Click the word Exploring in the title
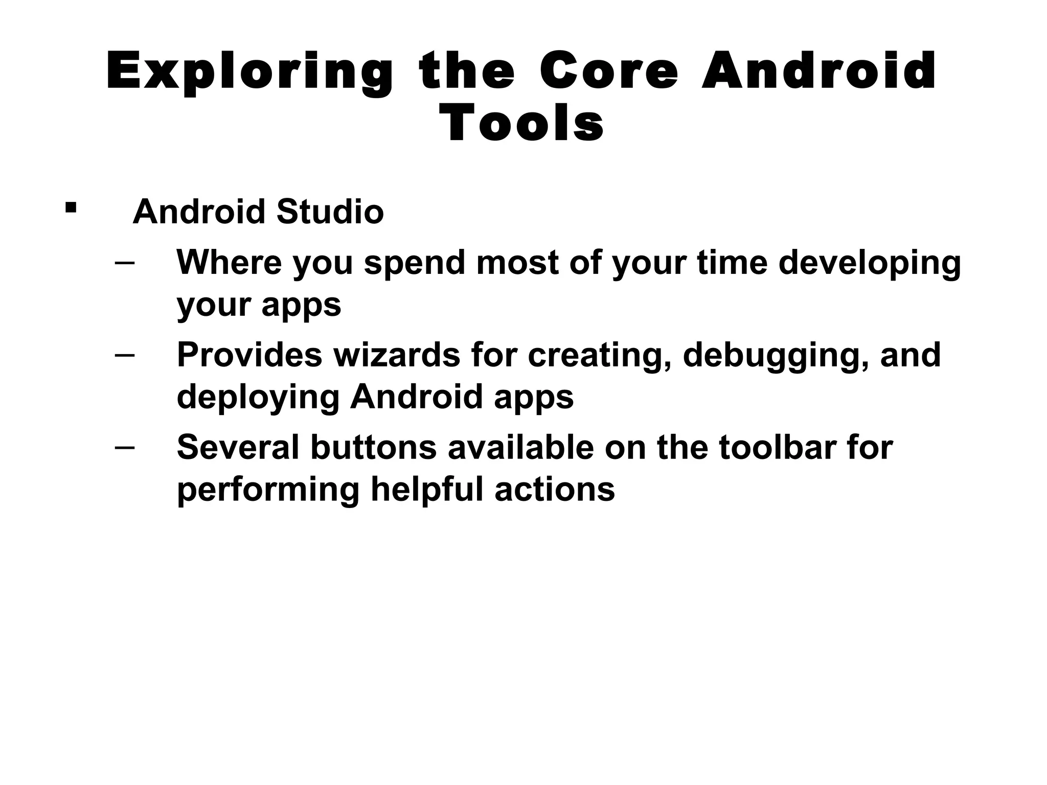tap(249, 73)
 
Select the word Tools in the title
tap(522, 124)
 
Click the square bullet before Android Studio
tap(71, 207)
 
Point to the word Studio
tap(330, 212)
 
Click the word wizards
tap(397, 355)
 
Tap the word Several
tap(237, 447)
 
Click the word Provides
tap(249, 355)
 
